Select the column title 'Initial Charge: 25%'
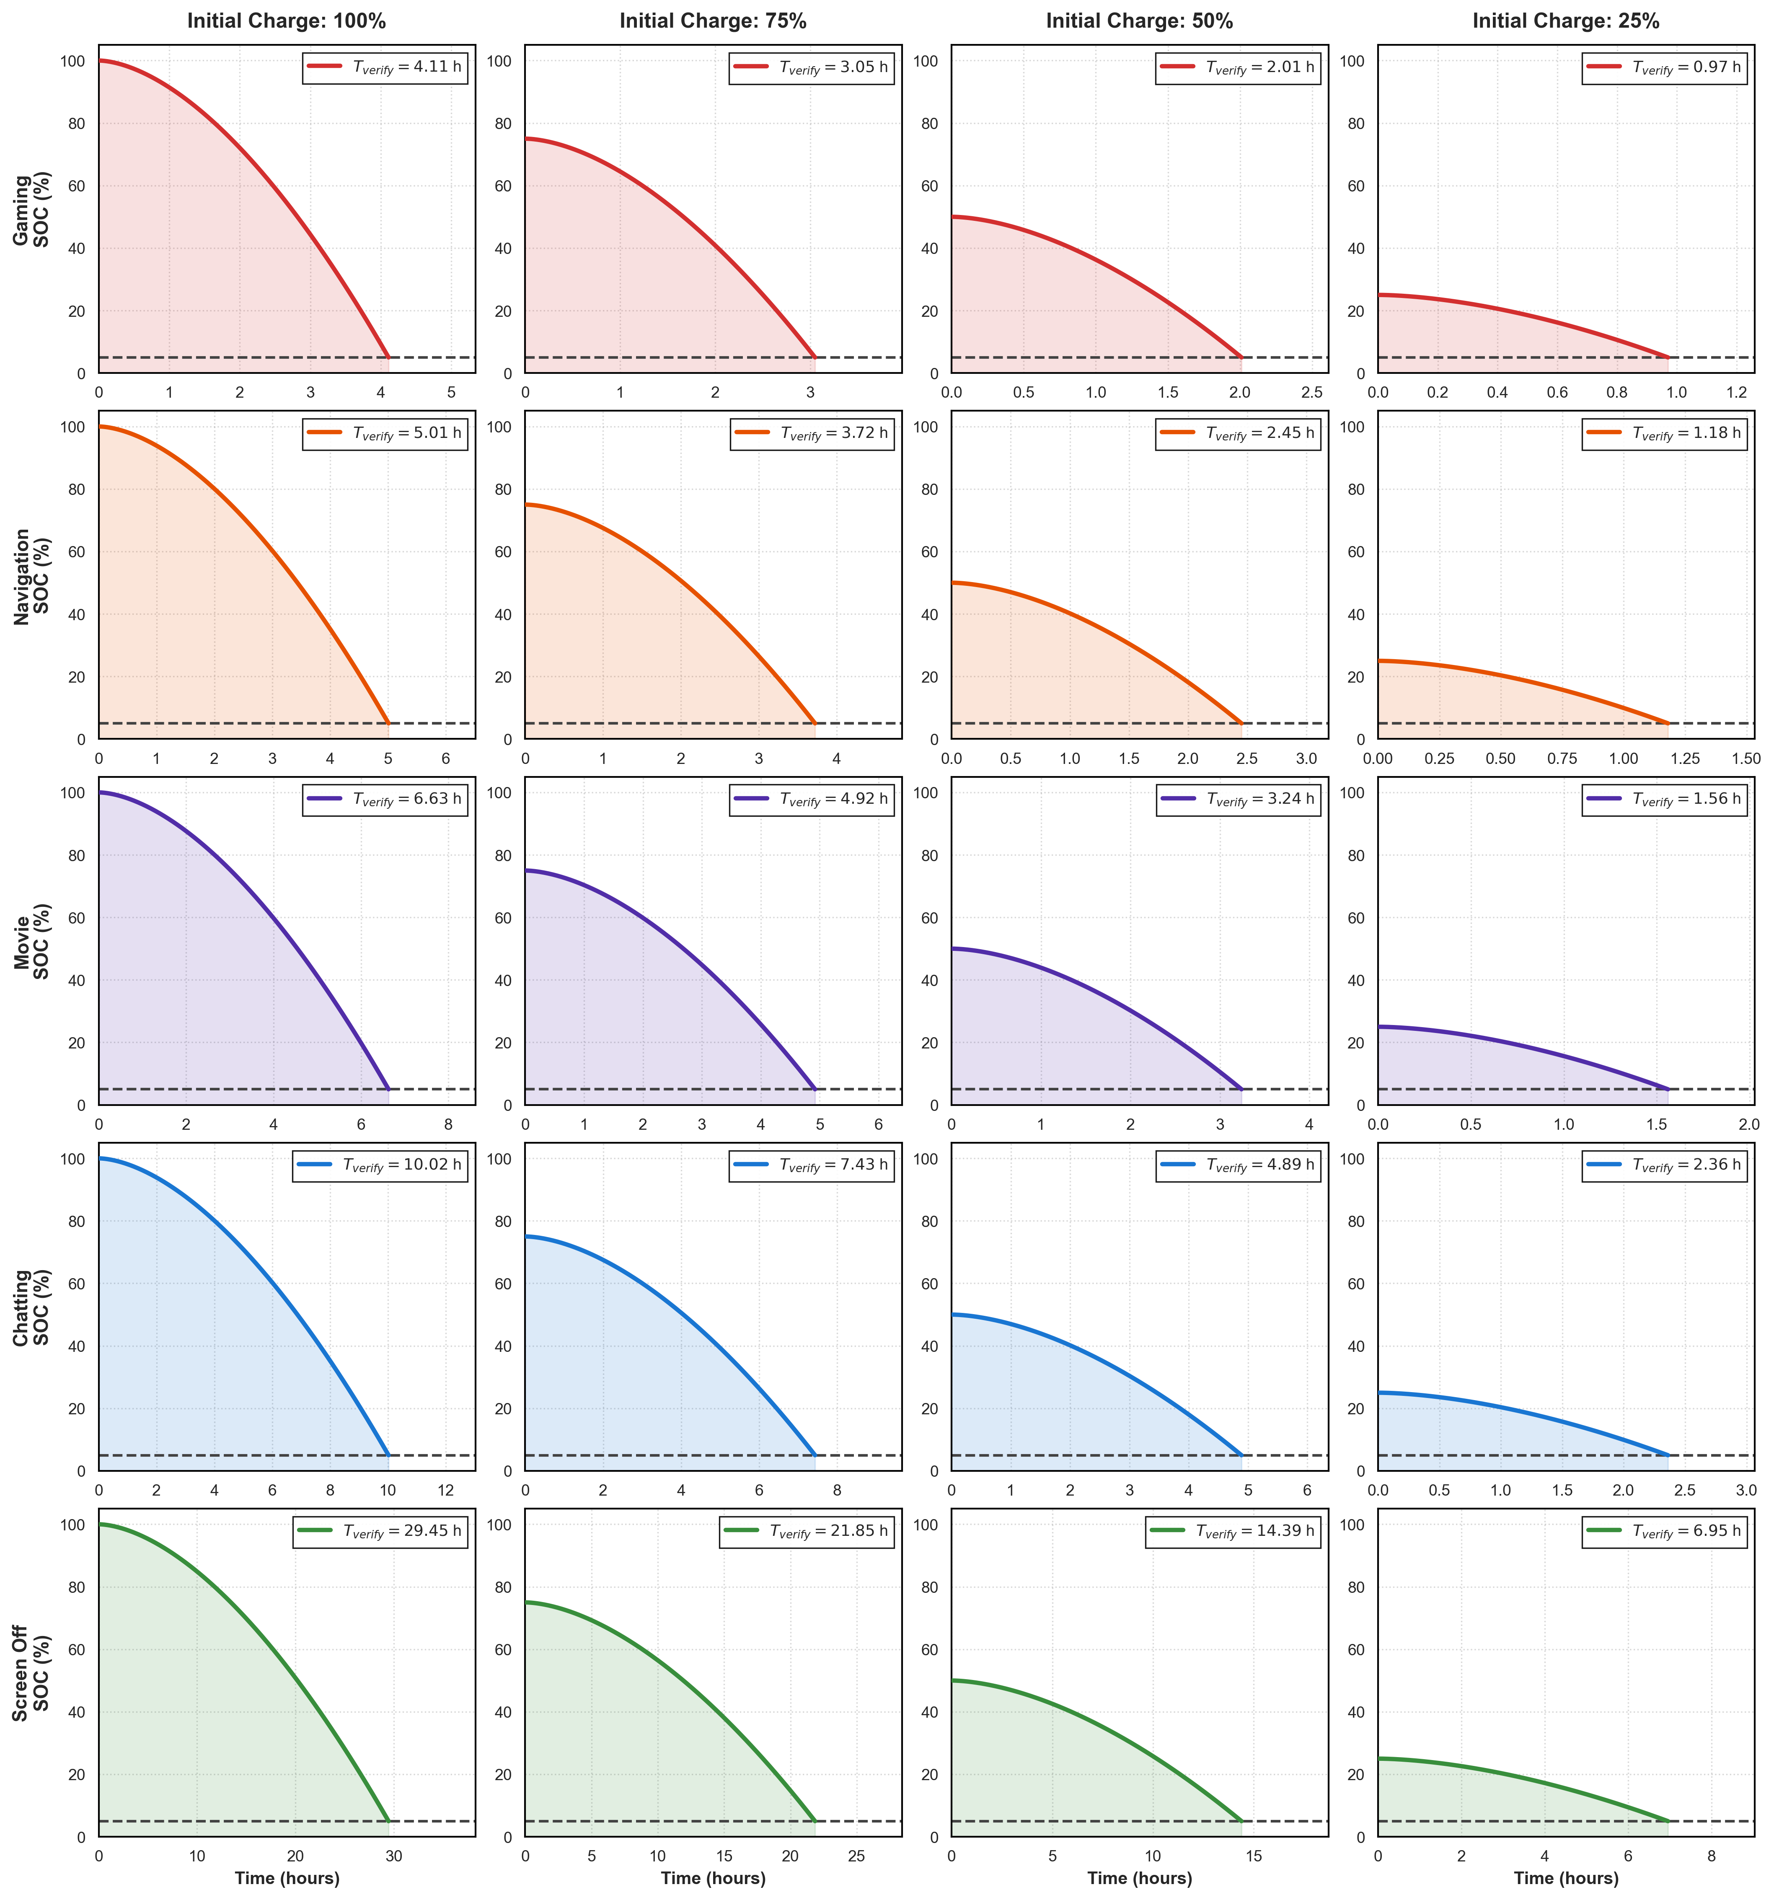click(1566, 21)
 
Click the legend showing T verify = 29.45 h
click(380, 1531)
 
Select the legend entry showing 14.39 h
click(1233, 1531)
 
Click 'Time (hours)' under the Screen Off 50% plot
click(1139, 1878)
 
